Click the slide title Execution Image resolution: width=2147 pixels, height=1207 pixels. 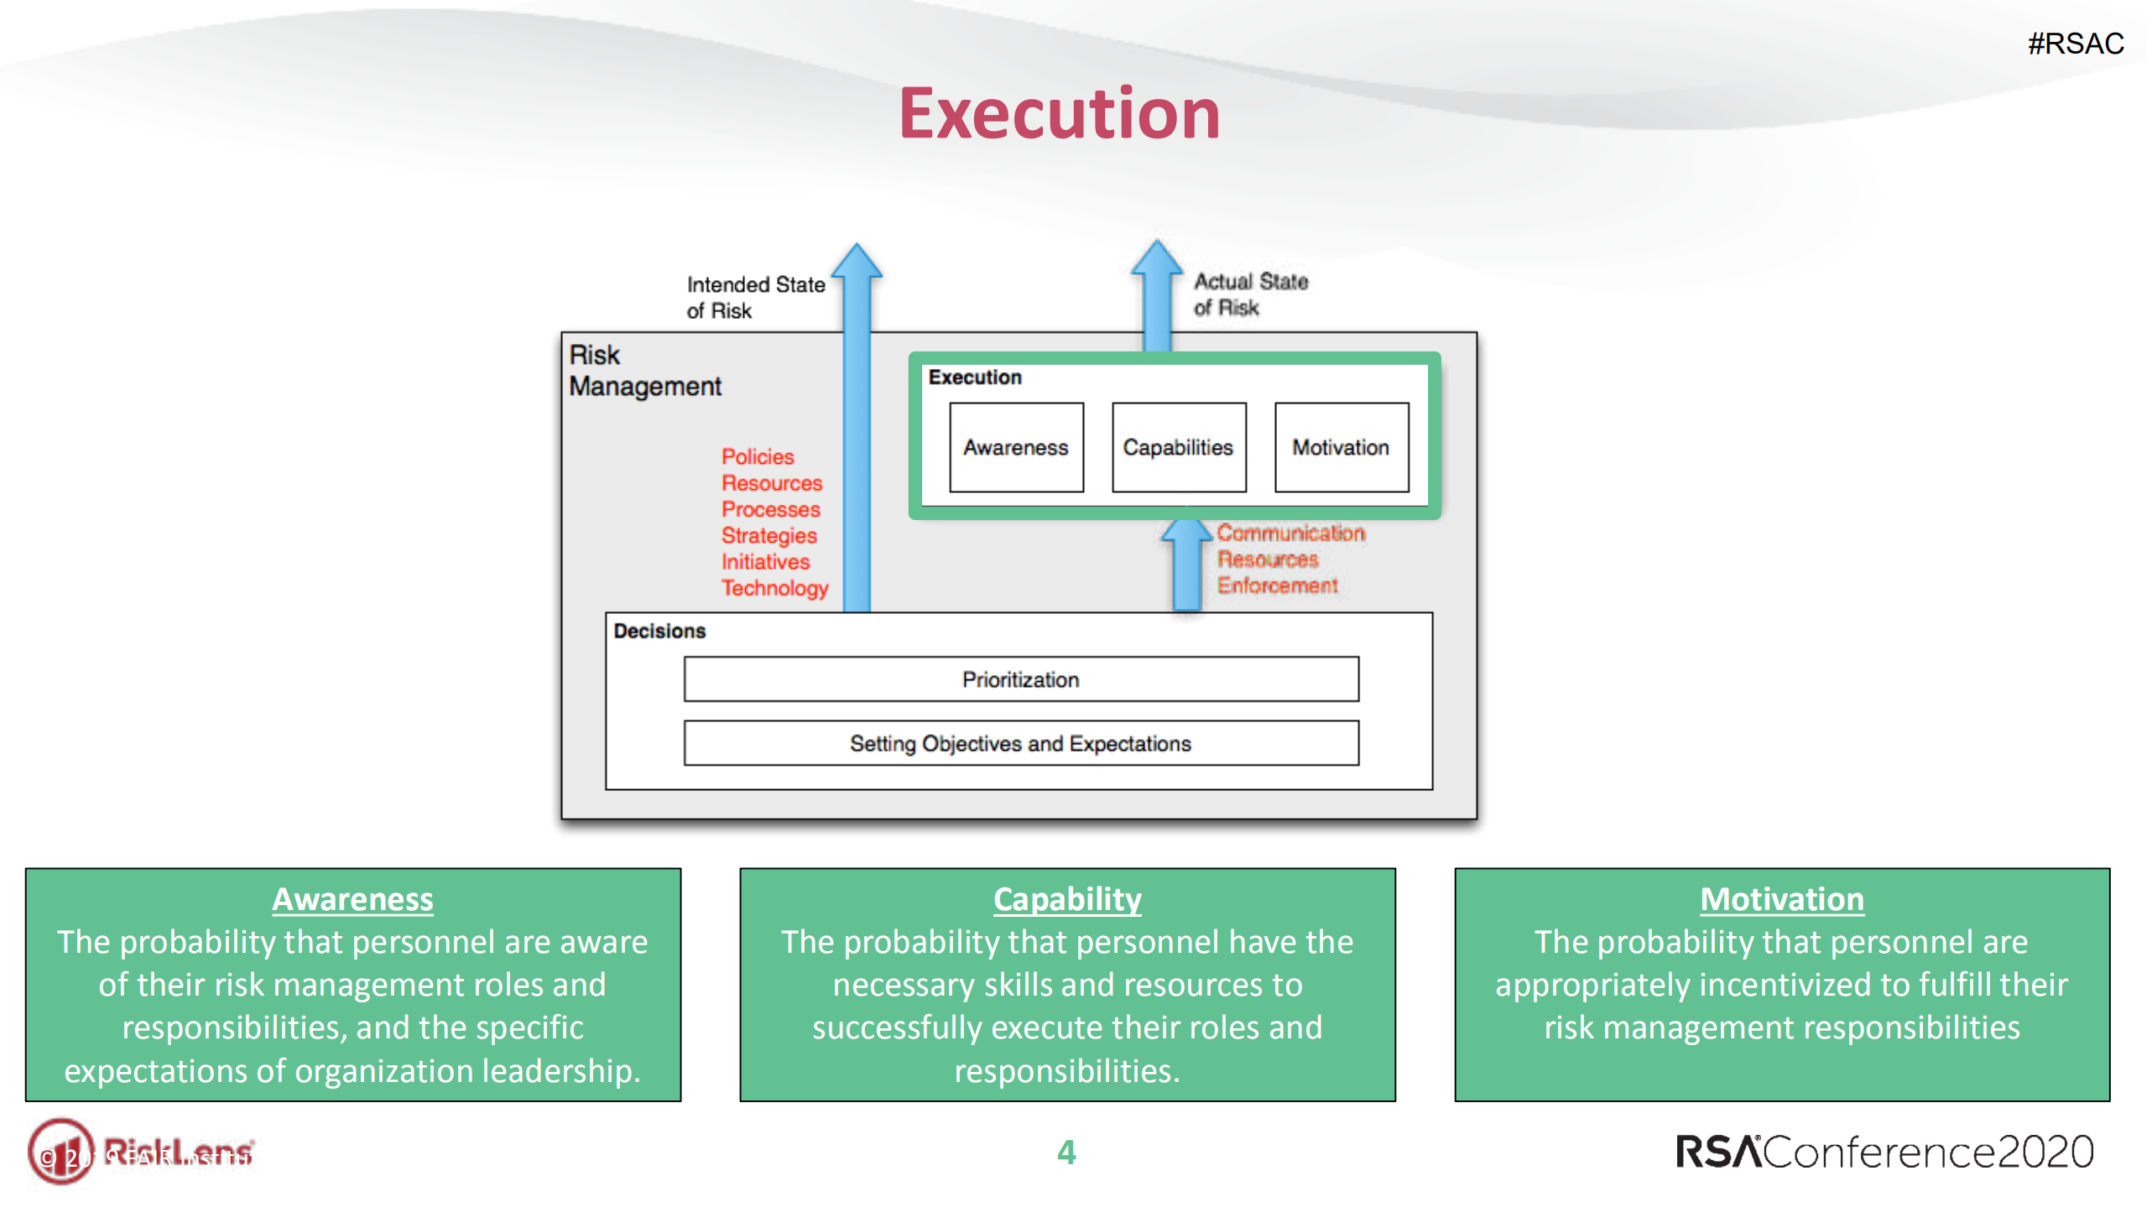tap(1059, 114)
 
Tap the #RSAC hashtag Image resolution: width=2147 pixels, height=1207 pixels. tap(2075, 44)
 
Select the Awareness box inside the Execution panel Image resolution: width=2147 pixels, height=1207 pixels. tap(1015, 447)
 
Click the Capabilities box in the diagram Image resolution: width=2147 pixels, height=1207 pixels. tap(1178, 447)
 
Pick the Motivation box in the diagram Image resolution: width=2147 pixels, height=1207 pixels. tap(1340, 447)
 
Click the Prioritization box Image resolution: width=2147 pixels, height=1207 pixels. tap(1020, 679)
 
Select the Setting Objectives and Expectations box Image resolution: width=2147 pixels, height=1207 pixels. tap(1020, 743)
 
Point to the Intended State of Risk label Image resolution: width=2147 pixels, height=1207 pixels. tap(754, 297)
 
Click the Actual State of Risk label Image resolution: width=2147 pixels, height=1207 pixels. tap(1249, 294)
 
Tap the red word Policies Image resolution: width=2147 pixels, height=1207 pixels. tap(757, 456)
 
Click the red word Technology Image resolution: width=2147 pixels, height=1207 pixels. tap(774, 587)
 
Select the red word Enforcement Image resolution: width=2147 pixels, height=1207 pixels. tap(1277, 585)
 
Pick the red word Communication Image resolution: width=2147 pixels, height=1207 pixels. tap(1290, 533)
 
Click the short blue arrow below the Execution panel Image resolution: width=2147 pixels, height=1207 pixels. tap(1186, 566)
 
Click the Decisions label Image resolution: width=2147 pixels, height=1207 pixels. tap(659, 631)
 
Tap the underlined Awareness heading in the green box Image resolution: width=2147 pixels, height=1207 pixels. tap(352, 898)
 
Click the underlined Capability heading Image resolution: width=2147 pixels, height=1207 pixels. tap(1066, 898)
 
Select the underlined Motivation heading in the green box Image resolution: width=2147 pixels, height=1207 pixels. tap(1781, 898)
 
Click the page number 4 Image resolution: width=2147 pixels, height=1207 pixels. tap(1066, 1152)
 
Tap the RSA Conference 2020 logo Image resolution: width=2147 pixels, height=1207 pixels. tap(1884, 1152)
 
